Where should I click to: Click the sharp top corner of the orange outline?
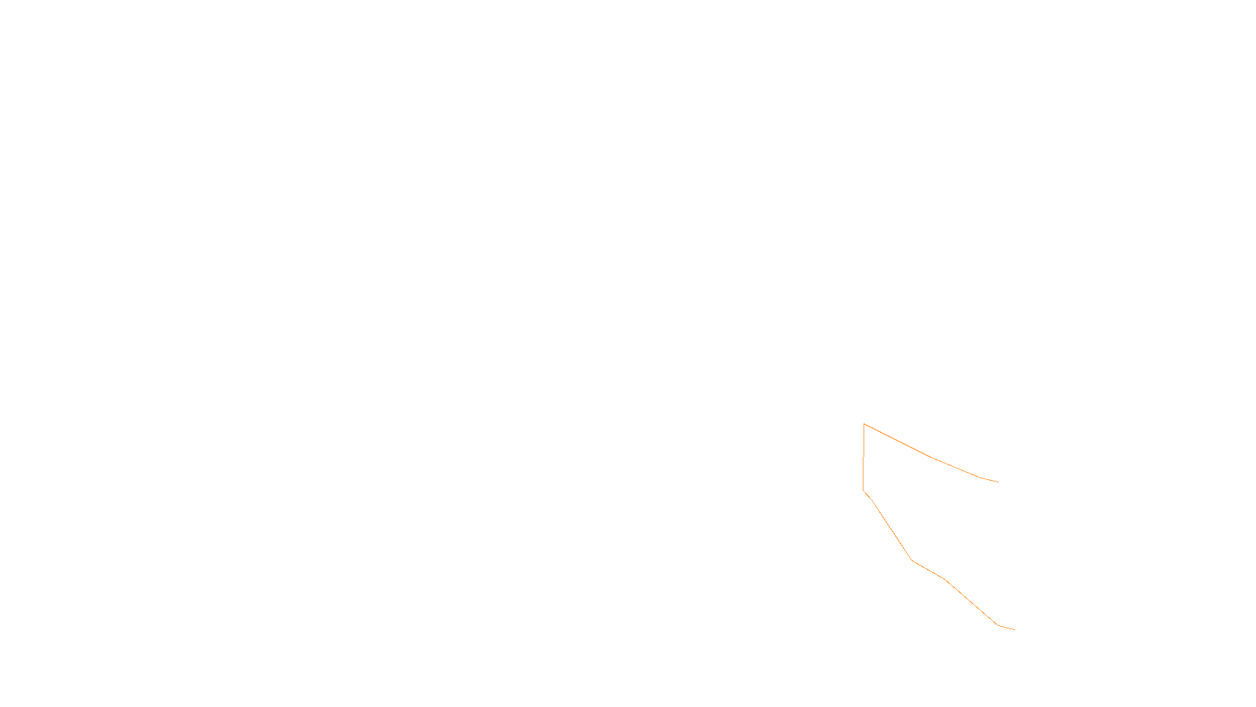864,424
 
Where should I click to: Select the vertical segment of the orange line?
863,457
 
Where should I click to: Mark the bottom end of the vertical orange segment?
863,490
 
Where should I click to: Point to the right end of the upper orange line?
998,482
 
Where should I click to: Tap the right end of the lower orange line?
1014,629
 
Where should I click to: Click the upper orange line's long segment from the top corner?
898,441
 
